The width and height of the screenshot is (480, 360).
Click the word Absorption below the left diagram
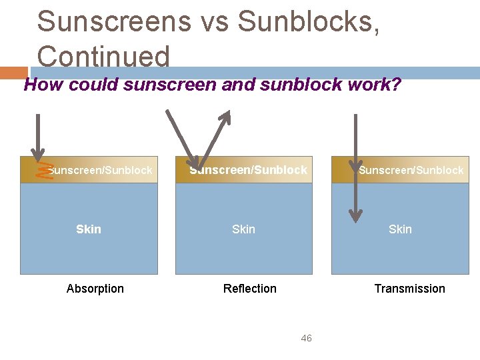pyautogui.click(x=95, y=289)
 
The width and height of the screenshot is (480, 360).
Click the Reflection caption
pyautogui.click(x=250, y=289)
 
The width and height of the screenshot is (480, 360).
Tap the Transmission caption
pyautogui.click(x=409, y=289)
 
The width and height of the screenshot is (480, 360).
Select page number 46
pyautogui.click(x=306, y=339)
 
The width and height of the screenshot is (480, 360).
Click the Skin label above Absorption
pyautogui.click(x=89, y=229)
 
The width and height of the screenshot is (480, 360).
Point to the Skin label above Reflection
pyautogui.click(x=243, y=229)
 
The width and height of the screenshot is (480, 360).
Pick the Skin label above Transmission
pyautogui.click(x=400, y=229)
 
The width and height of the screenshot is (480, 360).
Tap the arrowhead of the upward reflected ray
pyautogui.click(x=226, y=116)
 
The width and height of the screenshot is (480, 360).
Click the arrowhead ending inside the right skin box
pyautogui.click(x=356, y=215)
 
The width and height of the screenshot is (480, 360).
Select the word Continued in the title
pyautogui.click(x=103, y=57)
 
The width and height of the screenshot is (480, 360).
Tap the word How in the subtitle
pyautogui.click(x=43, y=85)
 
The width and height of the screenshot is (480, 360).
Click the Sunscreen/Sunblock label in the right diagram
pyautogui.click(x=411, y=171)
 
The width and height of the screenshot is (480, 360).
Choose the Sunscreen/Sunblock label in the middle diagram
pyautogui.click(x=249, y=170)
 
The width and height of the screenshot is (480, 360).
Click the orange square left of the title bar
pyautogui.click(x=13, y=73)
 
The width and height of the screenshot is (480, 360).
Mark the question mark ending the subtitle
pyautogui.click(x=396, y=85)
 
